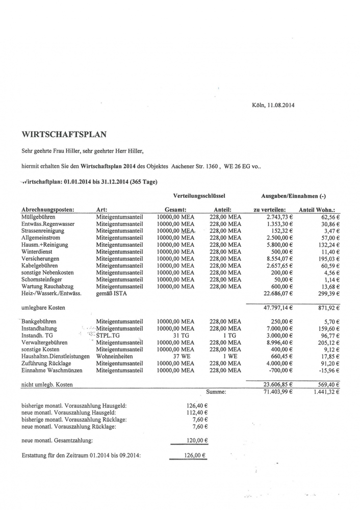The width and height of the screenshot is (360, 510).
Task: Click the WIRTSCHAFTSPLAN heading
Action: coord(64,135)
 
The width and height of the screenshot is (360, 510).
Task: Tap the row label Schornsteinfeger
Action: coord(46,280)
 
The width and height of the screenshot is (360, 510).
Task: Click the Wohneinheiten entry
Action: coord(115,356)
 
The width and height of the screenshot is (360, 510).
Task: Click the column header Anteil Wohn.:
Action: coord(320,209)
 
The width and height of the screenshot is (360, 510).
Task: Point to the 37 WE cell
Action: coord(176,356)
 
